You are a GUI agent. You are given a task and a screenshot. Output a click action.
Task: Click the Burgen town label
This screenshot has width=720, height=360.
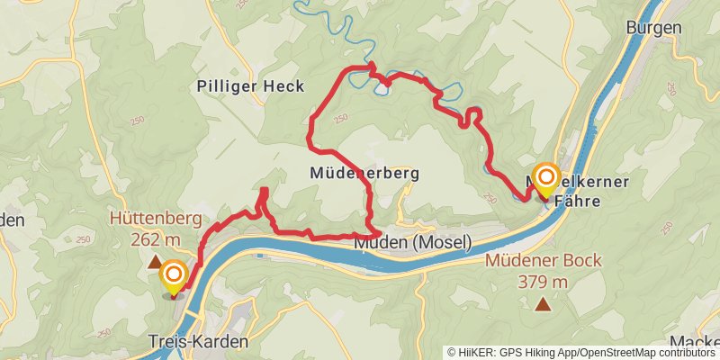pyautogui.click(x=654, y=28)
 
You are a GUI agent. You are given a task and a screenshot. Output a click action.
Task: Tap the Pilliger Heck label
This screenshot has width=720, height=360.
pyautogui.click(x=250, y=86)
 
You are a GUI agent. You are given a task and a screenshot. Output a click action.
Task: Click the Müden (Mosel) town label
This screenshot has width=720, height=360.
pyautogui.click(x=412, y=242)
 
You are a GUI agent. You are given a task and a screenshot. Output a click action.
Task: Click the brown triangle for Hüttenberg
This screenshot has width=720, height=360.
pyautogui.click(x=155, y=262)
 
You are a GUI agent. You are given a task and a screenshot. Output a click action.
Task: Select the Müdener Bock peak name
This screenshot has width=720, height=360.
pyautogui.click(x=543, y=261)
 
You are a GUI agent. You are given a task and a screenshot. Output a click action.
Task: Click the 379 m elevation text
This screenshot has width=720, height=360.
pyautogui.click(x=543, y=282)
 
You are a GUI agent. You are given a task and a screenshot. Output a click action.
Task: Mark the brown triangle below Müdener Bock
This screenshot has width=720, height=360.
pyautogui.click(x=542, y=304)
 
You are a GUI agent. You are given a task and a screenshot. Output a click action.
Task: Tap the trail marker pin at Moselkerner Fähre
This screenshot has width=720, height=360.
pyautogui.click(x=545, y=179)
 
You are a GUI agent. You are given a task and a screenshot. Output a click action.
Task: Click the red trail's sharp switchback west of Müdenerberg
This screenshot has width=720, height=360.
pyautogui.click(x=264, y=191)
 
